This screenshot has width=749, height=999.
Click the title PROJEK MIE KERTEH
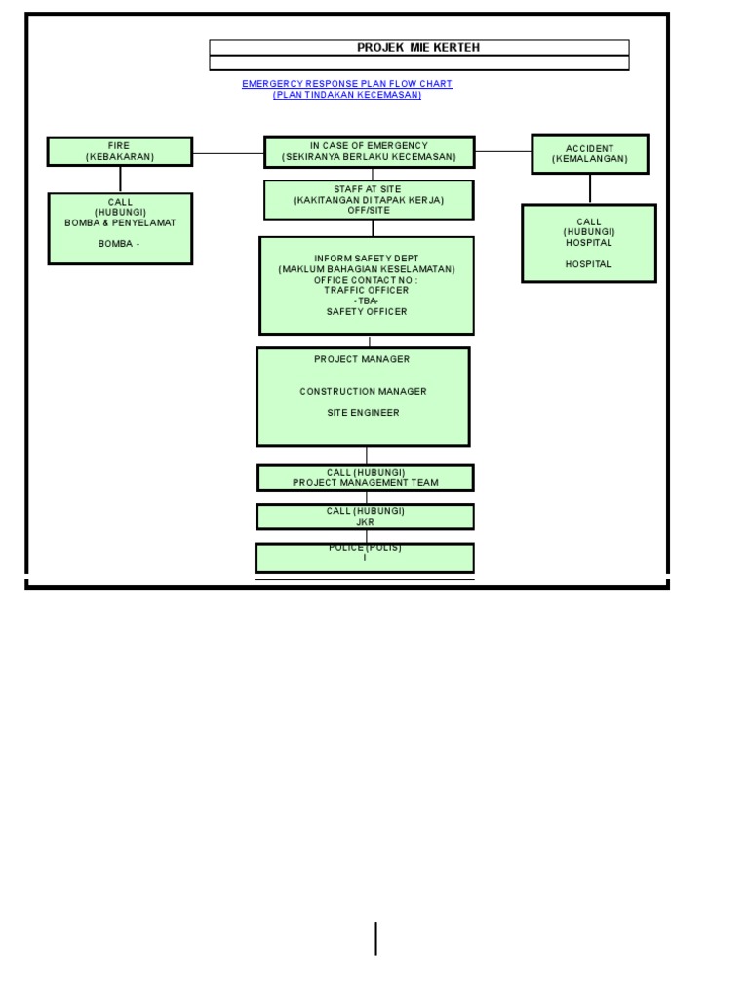[418, 47]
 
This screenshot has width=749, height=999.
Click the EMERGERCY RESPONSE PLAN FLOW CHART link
[346, 84]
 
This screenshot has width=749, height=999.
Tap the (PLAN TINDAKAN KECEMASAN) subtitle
[346, 95]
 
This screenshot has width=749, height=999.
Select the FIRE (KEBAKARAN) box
[120, 151]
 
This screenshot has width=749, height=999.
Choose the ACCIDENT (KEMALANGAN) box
[589, 154]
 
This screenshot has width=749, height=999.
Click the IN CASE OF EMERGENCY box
[369, 151]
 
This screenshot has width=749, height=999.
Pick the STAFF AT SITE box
[368, 199]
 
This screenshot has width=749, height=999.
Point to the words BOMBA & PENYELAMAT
[120, 223]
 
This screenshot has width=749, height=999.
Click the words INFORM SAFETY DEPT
[366, 259]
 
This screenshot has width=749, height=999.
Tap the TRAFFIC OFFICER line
[367, 290]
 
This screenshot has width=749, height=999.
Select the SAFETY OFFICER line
[367, 312]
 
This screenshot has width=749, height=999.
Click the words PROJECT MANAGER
[362, 359]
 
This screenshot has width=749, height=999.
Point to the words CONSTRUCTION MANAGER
[363, 391]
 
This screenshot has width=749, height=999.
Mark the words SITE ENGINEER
[363, 413]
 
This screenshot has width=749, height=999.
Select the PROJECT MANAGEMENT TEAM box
[365, 478]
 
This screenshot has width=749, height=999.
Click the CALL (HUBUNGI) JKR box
[365, 517]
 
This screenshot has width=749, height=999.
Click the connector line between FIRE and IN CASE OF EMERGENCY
[228, 152]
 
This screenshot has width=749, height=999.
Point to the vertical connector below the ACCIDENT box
[589, 188]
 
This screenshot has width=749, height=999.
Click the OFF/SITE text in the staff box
[368, 211]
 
